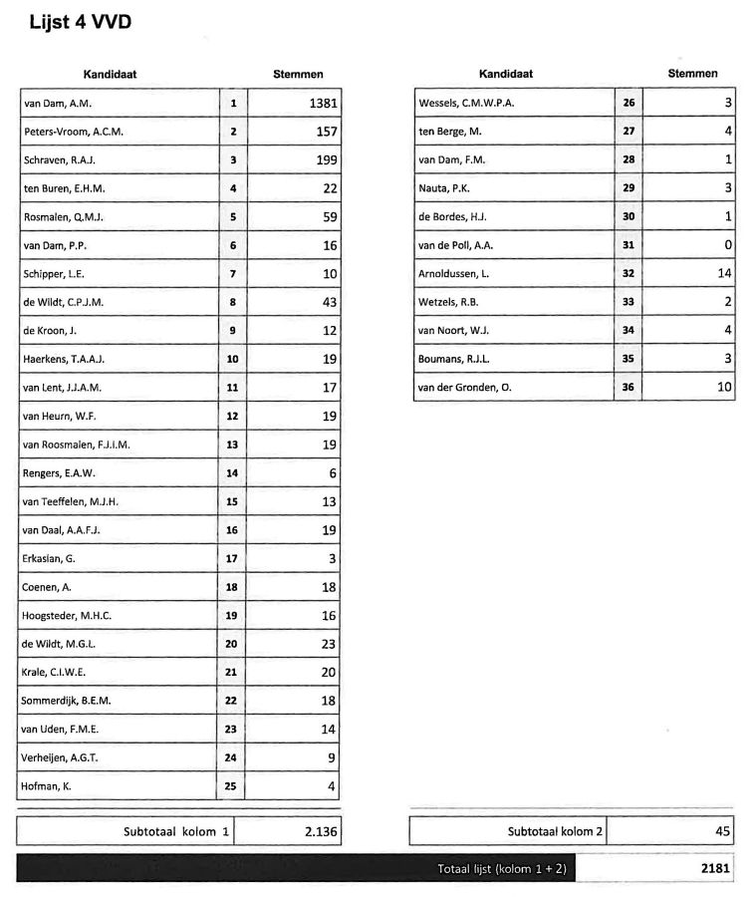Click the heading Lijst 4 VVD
click(81, 22)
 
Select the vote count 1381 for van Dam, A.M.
click(323, 103)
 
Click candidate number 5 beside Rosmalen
click(233, 217)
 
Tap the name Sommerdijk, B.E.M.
click(67, 702)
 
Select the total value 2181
click(714, 869)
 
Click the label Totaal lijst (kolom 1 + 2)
click(502, 869)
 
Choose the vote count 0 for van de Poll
click(727, 245)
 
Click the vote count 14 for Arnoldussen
click(723, 273)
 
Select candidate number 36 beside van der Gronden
click(628, 387)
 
